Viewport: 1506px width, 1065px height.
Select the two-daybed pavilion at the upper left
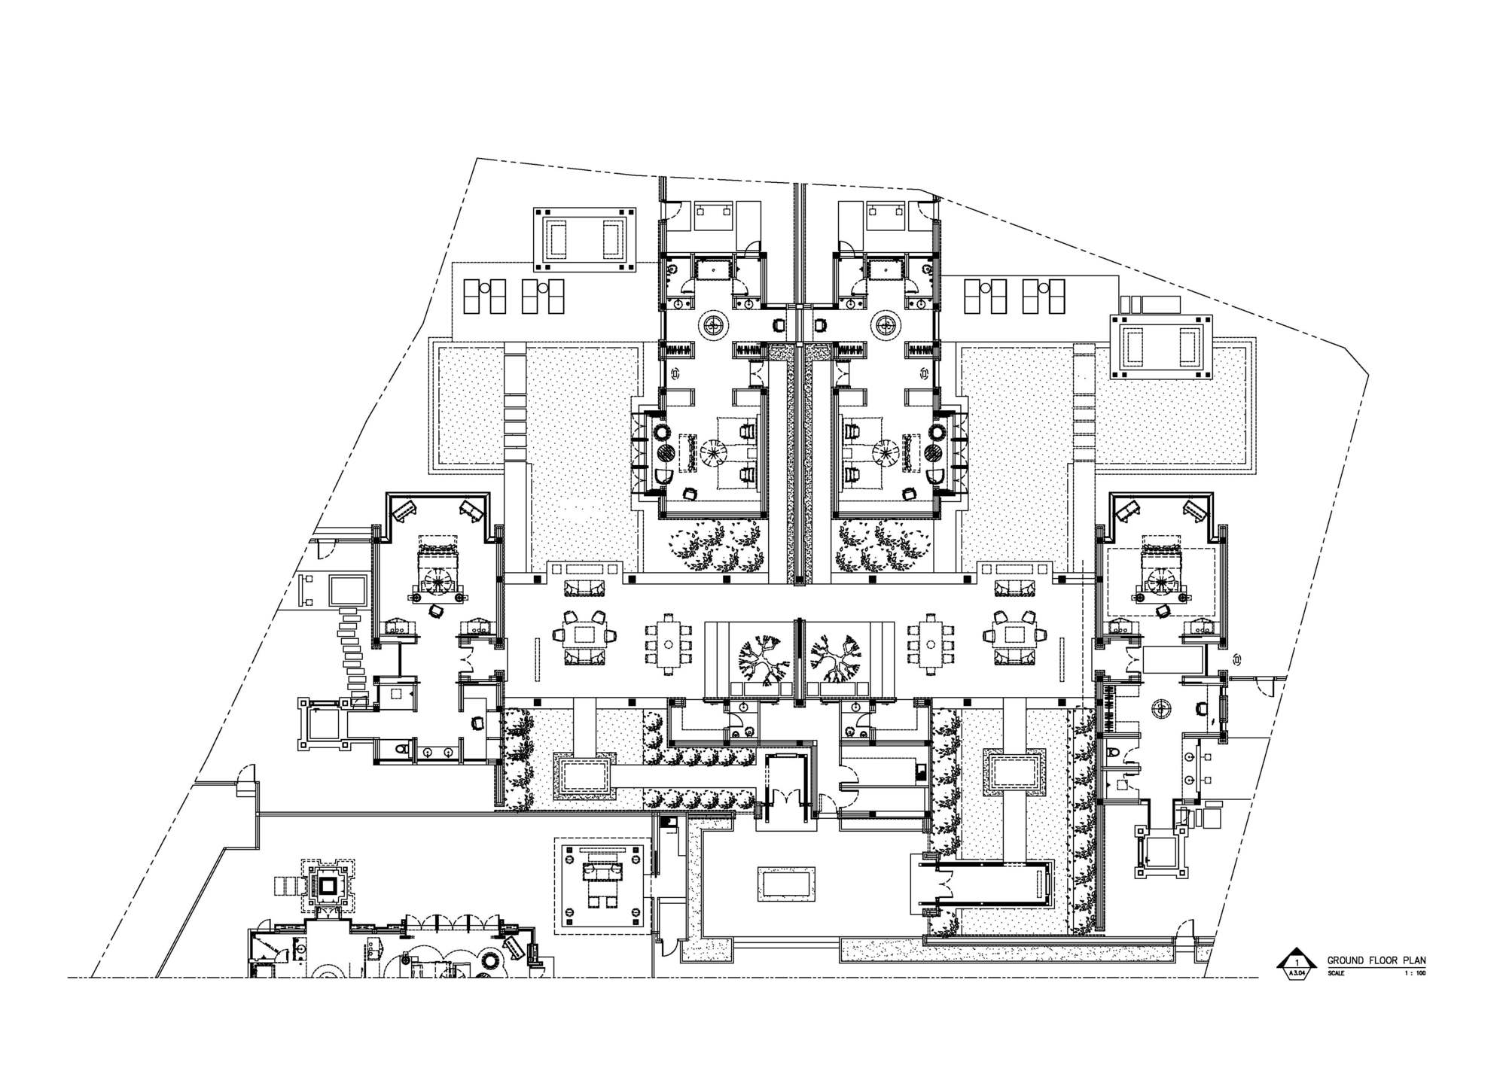pyautogui.click(x=583, y=239)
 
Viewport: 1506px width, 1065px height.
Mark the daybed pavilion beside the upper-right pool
pyautogui.click(x=1160, y=345)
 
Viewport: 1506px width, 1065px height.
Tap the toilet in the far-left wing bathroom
pyautogui.click(x=401, y=749)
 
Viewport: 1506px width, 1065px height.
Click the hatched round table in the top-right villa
pyautogui.click(x=932, y=453)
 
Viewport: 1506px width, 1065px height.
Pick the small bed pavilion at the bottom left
pyautogui.click(x=602, y=884)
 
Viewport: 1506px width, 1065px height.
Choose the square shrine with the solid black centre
pyautogui.click(x=328, y=886)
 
